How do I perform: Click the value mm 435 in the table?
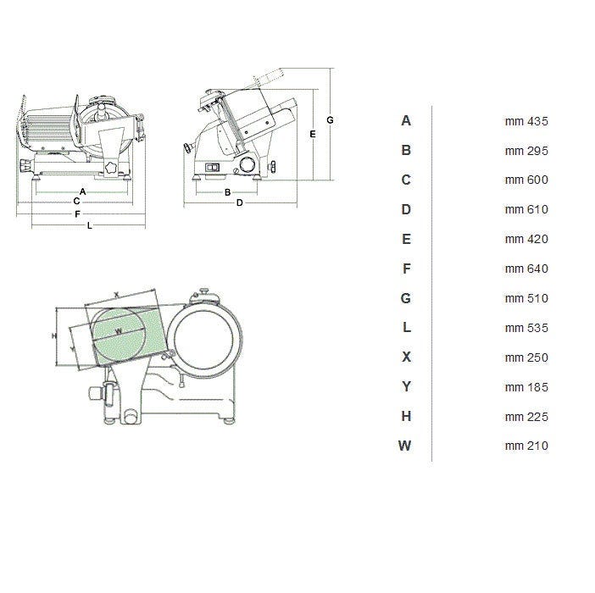coord(526,121)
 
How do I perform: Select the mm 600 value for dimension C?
coord(526,180)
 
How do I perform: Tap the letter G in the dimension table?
coord(406,298)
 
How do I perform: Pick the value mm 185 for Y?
coord(526,387)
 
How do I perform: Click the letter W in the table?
coord(405,446)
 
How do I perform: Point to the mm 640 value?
coord(526,269)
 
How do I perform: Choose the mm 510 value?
coord(526,298)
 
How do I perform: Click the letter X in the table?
coord(406,357)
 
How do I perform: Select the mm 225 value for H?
coord(526,417)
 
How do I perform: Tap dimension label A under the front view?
coord(83,191)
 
